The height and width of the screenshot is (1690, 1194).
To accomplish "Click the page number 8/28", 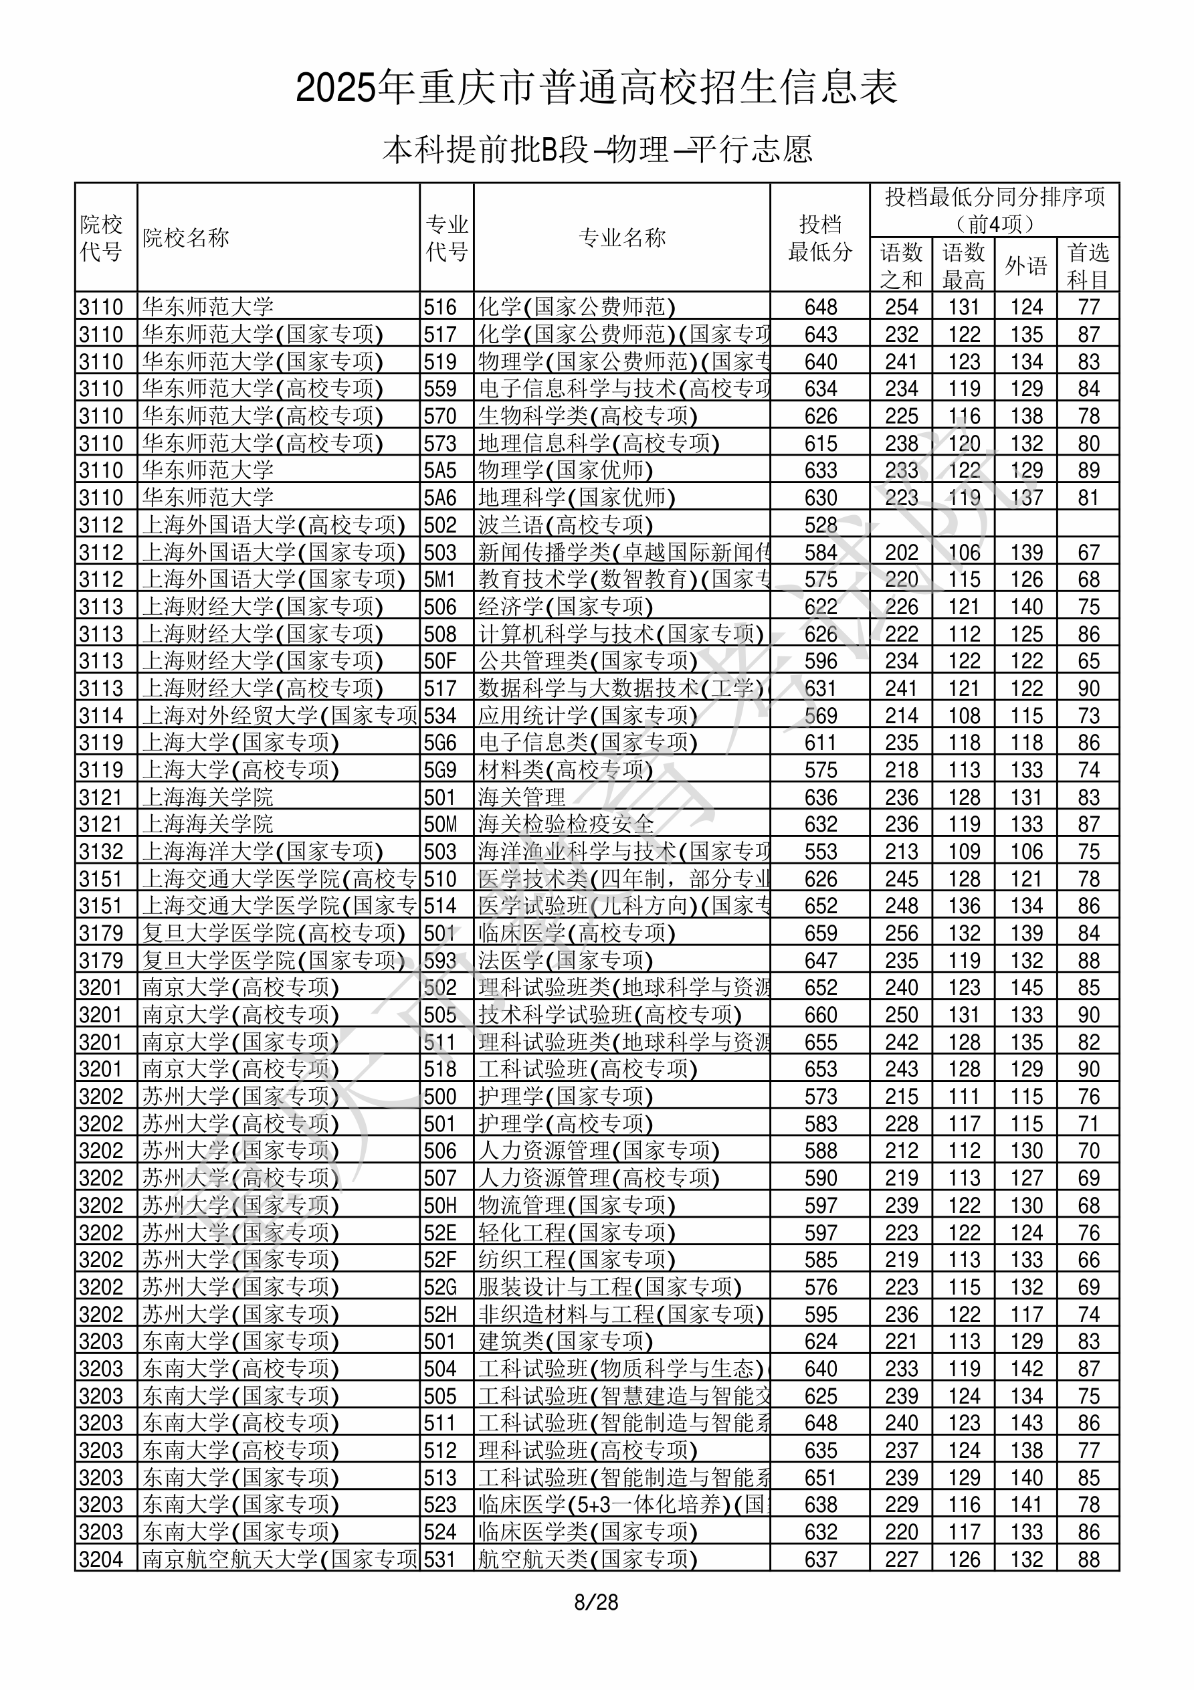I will pos(596,1602).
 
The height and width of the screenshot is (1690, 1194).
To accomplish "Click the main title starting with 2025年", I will pos(597,88).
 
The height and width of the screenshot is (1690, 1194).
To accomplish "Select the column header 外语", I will pos(1026,265).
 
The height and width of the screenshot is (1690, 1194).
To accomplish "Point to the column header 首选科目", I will pos(1088,265).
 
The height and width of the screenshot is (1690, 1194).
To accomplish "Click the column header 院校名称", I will pos(186,238).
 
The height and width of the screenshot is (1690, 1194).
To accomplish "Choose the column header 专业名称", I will pos(622,238).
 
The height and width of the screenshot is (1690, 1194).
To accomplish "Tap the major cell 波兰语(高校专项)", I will pos(565,525).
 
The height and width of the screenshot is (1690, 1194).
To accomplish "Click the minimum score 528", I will pos(821,525).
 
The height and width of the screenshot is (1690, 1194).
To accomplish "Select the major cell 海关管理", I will pos(522,797).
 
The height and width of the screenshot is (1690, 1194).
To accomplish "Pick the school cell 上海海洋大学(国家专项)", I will pos(263,852).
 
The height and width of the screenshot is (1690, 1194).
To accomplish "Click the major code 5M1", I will pos(440,579).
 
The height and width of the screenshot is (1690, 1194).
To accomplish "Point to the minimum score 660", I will pos(821,1015).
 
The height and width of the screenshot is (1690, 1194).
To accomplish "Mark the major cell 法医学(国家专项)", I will pos(565,961).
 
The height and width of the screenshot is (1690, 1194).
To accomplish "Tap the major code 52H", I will pos(440,1315).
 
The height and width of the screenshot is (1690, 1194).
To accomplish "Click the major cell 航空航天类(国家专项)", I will pos(587,1559).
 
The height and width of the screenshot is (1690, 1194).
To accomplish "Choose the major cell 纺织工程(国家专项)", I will pos(577,1259).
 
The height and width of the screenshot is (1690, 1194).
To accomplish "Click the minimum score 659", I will pos(821,933).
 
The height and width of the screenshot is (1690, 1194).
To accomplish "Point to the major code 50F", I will pos(440,661).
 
